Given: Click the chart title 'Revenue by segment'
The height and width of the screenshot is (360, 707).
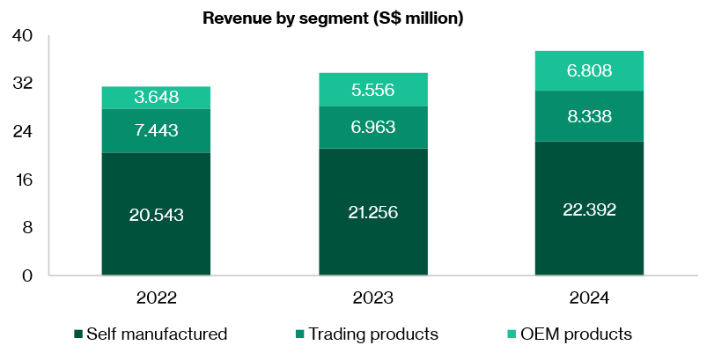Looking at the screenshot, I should point(333,18).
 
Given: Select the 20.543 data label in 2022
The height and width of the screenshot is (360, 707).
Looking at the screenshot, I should point(155,214).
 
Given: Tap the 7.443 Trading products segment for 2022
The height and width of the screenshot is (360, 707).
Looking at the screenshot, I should point(155,131).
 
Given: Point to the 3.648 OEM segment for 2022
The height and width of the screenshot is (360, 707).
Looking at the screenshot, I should point(155,98).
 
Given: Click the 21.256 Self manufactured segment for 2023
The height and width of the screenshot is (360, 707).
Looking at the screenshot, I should point(373,211).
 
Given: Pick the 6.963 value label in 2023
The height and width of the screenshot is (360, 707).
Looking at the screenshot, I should point(373,128).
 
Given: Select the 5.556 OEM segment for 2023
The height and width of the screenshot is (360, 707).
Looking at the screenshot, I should point(373,90).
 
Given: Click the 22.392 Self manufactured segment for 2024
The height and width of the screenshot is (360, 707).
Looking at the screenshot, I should point(589,209).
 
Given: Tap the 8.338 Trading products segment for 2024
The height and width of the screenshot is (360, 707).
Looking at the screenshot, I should point(589,116).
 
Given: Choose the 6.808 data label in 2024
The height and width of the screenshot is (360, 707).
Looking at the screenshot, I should point(589,71).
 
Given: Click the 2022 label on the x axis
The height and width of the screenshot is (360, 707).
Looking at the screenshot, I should point(156,298).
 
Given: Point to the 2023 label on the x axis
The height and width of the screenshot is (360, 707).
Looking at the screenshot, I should point(373,298).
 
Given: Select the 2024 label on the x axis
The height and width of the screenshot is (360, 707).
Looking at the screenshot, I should point(589,298).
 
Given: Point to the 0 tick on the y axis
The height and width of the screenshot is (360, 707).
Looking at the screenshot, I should point(26,276).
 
